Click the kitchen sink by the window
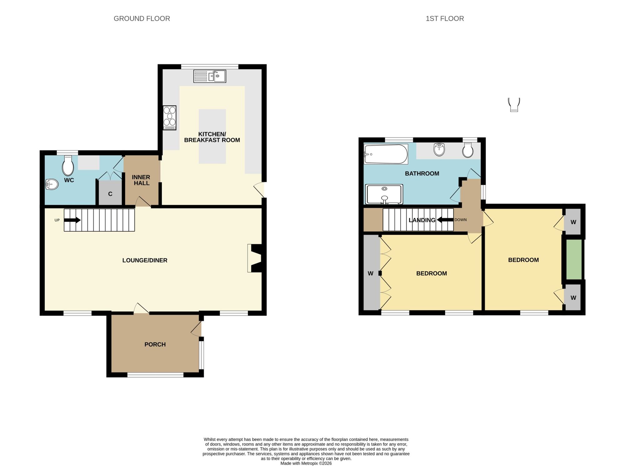(210, 76)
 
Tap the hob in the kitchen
(170, 118)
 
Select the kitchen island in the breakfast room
(212, 136)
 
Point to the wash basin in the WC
(52, 184)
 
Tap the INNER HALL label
(141, 180)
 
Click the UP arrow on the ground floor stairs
(72, 220)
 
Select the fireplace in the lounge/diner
(255, 258)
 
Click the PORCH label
(155, 344)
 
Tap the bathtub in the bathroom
(386, 154)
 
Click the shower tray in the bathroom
(384, 194)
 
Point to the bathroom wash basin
(439, 149)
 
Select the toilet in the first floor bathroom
(468, 150)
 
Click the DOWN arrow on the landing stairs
(445, 220)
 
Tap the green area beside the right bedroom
(574, 259)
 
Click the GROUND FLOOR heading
(142, 18)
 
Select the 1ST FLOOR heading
(445, 18)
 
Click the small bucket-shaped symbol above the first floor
(514, 105)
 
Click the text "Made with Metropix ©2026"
(306, 463)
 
